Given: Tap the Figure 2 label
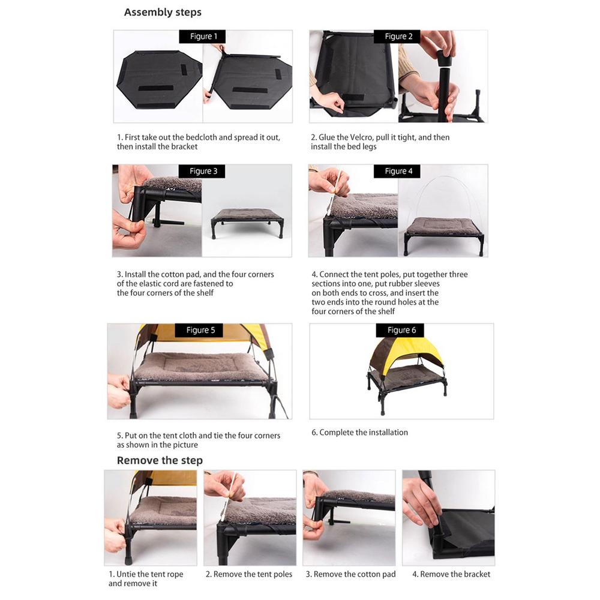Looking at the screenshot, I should [x=398, y=37].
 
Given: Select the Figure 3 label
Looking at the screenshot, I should [x=203, y=172].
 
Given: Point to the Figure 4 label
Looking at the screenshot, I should [x=398, y=172].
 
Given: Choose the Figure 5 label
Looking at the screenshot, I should [x=200, y=331].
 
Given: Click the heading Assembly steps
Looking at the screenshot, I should [x=163, y=12].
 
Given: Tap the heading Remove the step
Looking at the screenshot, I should [x=160, y=461].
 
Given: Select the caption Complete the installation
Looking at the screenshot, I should [x=363, y=433].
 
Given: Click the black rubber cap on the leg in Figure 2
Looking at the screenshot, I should [x=445, y=58].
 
